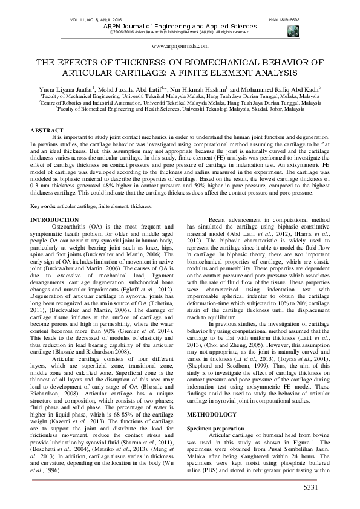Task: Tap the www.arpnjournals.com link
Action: coord(180,45)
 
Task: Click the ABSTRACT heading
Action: coord(47,130)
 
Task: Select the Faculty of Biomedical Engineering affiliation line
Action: coord(180,109)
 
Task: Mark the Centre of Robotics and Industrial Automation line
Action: coord(180,103)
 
